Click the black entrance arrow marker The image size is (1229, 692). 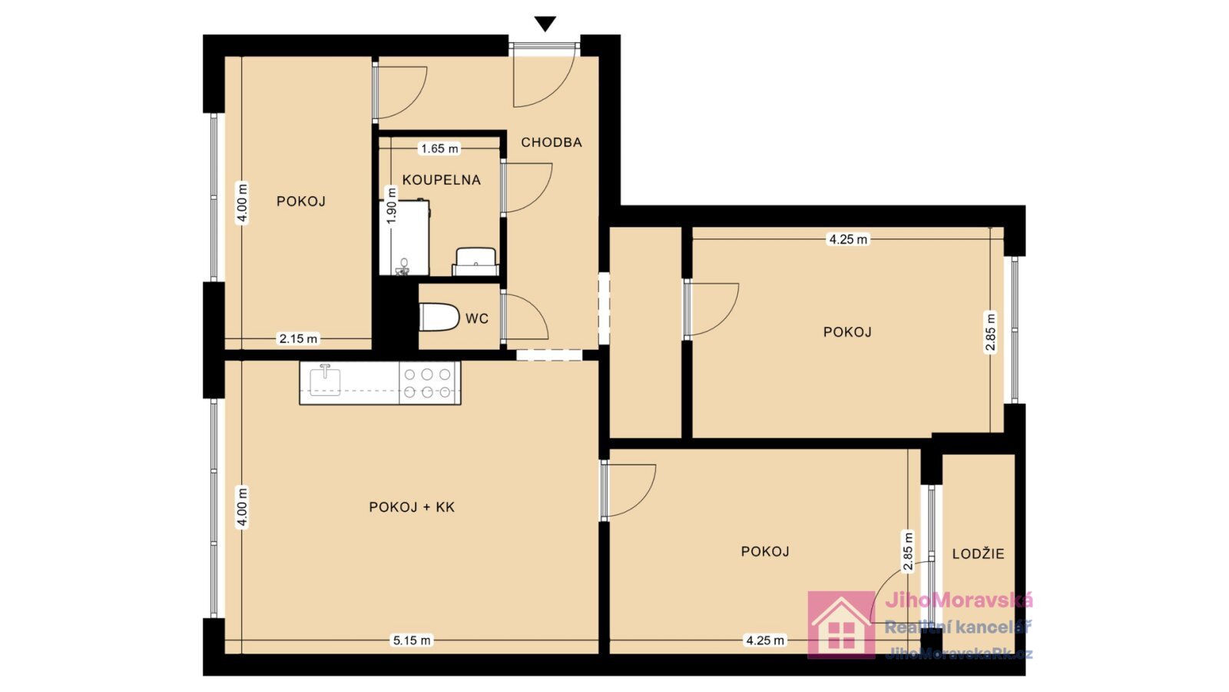(545, 24)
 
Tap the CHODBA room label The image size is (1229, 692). (552, 142)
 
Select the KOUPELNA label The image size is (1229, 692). (441, 180)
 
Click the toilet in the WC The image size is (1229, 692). (439, 317)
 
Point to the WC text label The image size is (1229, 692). (477, 318)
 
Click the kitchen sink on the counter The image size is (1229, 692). (326, 380)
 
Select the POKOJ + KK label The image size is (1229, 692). (412, 507)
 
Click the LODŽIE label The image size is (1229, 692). (979, 554)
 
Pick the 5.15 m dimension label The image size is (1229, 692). (412, 640)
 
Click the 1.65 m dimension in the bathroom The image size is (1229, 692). (439, 148)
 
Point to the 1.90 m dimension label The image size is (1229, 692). (391, 205)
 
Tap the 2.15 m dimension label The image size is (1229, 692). (299, 339)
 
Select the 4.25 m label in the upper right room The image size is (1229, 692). (848, 239)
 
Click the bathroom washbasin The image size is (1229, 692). (475, 261)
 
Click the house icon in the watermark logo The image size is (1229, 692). (841, 624)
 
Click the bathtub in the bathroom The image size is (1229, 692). (404, 238)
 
